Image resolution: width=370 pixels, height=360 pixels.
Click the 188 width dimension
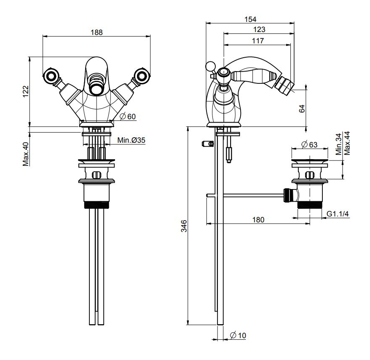click(97, 32)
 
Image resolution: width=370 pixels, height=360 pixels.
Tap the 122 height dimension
click(25, 91)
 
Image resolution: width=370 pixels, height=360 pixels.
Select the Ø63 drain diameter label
click(310, 144)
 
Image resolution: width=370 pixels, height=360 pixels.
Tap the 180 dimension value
click(258, 219)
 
